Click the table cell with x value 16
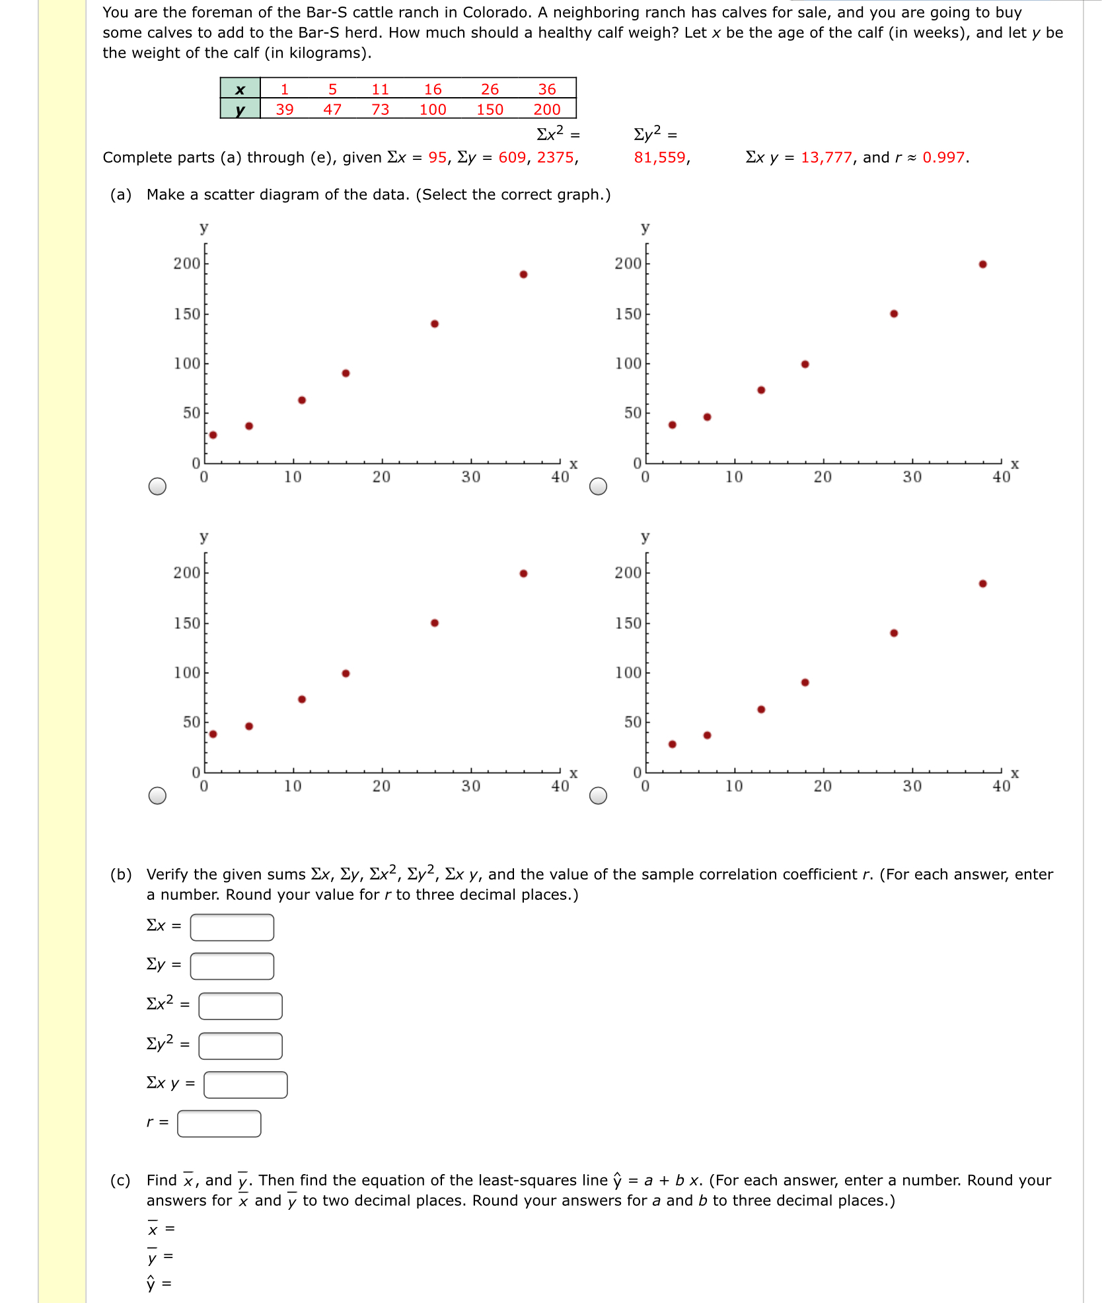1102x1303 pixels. [433, 89]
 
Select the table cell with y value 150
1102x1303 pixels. [490, 110]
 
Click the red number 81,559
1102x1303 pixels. [659, 157]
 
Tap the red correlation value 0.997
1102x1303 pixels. [944, 157]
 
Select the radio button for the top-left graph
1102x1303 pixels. [157, 486]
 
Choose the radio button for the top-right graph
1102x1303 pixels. [598, 486]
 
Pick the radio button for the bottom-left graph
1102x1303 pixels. [157, 796]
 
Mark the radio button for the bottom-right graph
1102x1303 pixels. [598, 796]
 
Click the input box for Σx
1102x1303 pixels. [232, 927]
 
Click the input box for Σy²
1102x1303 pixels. [240, 1046]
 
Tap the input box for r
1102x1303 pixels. [219, 1123]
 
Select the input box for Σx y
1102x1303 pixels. [245, 1085]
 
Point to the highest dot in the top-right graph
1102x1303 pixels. [982, 264]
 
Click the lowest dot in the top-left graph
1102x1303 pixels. [213, 435]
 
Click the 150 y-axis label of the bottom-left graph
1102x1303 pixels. [186, 623]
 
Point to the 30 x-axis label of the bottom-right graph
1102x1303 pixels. [912, 786]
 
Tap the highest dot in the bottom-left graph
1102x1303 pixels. [523, 574]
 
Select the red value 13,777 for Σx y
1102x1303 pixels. [826, 157]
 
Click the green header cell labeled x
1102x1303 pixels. [240, 89]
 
